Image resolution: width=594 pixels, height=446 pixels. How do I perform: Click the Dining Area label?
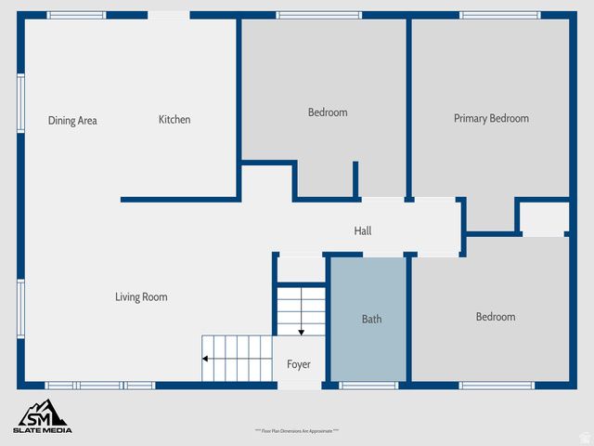(x=72, y=121)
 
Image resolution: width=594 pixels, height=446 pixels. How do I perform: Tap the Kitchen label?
(x=174, y=120)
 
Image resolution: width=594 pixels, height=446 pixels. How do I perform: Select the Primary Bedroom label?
(x=491, y=118)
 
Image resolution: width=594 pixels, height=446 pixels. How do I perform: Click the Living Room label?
(x=141, y=297)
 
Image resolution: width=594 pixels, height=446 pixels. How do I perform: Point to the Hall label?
(x=363, y=231)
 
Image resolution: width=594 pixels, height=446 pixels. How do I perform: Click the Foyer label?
(x=298, y=364)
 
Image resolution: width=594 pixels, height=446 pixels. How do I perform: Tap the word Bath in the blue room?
(x=371, y=320)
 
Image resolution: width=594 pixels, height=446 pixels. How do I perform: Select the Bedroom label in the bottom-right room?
(x=496, y=317)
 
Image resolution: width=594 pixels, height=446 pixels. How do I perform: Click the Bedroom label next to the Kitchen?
(x=328, y=112)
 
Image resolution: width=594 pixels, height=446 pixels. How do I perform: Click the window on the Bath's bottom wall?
(x=368, y=385)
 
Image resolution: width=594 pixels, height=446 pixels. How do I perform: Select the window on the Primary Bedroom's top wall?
(x=499, y=15)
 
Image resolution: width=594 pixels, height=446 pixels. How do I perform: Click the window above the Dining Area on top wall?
(x=76, y=15)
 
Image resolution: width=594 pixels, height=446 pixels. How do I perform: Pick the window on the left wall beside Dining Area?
(x=20, y=104)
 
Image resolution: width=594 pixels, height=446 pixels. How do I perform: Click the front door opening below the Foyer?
(x=298, y=385)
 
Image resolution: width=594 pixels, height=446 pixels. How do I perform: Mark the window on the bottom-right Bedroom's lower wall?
(x=497, y=385)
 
